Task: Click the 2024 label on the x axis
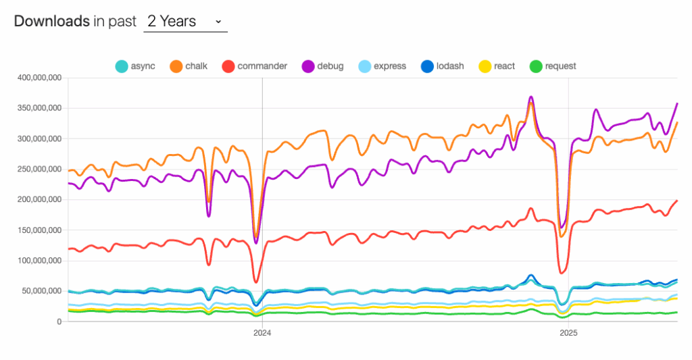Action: [262, 332]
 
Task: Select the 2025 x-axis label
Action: [568, 332]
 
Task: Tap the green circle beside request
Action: [536, 66]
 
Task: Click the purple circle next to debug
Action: [307, 66]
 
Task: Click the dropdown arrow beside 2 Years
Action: [218, 22]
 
